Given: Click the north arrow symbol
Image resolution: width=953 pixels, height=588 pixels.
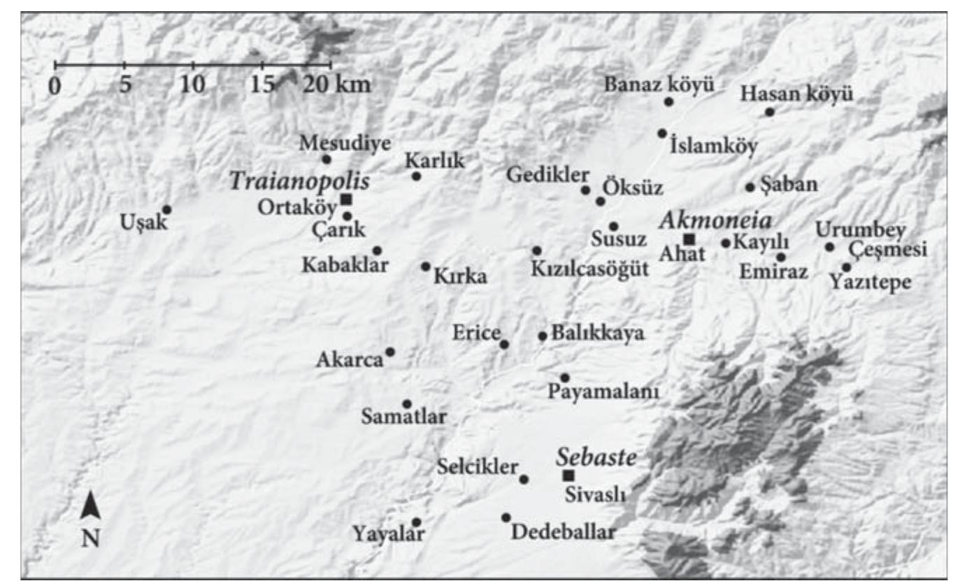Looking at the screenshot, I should tap(90, 505).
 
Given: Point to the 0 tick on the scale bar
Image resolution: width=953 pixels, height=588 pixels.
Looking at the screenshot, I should tap(55, 65).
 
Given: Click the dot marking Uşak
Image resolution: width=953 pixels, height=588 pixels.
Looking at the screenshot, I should tap(167, 209).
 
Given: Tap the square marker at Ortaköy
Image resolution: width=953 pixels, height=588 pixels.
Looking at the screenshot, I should tap(346, 200).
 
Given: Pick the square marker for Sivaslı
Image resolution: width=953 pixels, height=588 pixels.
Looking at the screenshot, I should tap(568, 476).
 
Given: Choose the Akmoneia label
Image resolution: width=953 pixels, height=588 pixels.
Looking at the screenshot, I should tap(715, 221).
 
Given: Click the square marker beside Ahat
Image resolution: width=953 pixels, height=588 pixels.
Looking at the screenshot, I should tap(689, 239).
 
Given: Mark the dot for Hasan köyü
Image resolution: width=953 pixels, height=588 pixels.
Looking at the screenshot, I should tap(770, 112).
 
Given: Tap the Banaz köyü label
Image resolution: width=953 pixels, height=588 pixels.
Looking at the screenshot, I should tap(659, 85).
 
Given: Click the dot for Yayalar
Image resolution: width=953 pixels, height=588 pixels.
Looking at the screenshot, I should tap(417, 522).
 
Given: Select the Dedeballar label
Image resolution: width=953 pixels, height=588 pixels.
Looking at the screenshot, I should tap(564, 532).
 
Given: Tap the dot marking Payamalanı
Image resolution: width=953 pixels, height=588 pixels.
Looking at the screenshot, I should tap(565, 378).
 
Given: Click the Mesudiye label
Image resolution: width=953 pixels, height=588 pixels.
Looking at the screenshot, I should tap(336, 143).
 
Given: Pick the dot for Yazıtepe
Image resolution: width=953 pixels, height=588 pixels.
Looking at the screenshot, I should tap(847, 267).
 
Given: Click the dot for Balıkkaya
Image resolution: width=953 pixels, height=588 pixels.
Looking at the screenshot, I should tap(543, 336).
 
